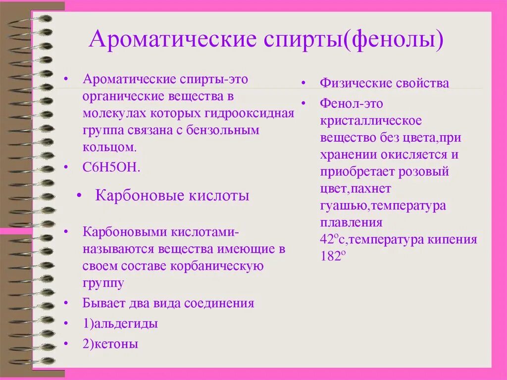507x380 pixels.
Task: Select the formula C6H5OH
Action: [111, 167]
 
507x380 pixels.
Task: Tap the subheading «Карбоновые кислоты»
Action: [172, 196]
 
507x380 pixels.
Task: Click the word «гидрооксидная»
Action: [249, 113]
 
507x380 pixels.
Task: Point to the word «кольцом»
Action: [108, 147]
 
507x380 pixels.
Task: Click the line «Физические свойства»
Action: [384, 83]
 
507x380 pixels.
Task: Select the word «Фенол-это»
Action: [352, 104]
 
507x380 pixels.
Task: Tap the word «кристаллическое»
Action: [371, 121]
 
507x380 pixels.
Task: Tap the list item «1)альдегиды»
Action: [120, 324]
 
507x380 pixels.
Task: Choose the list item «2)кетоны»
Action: [110, 344]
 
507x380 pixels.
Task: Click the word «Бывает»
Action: [101, 303]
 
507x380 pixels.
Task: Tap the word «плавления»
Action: [351, 222]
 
